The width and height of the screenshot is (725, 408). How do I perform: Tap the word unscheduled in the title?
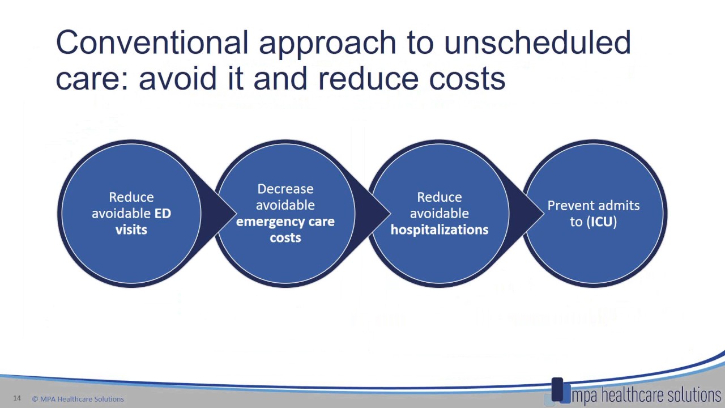click(537, 42)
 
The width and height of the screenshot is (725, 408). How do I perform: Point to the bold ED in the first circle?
click(163, 213)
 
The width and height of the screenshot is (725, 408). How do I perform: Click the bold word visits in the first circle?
click(131, 229)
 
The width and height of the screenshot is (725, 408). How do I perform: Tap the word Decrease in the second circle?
click(285, 189)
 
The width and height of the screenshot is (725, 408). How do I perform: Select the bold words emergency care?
click(285, 222)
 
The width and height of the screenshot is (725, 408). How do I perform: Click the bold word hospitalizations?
click(439, 229)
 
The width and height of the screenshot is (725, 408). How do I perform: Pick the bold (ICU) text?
click(602, 222)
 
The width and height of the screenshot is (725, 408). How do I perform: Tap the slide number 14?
click(17, 398)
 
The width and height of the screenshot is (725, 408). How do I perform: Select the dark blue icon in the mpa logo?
click(557, 389)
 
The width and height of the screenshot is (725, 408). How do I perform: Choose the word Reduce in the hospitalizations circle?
click(439, 197)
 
